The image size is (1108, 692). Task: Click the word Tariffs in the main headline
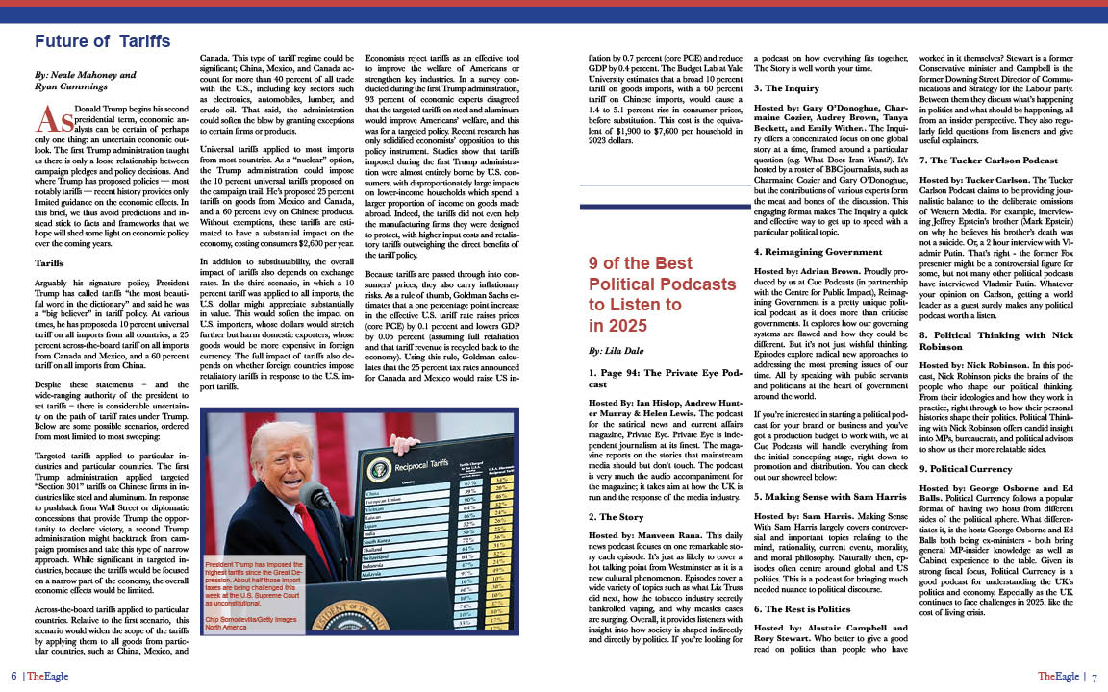point(145,41)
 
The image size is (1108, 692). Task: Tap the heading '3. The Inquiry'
point(789,86)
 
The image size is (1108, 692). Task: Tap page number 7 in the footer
point(1095,676)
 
